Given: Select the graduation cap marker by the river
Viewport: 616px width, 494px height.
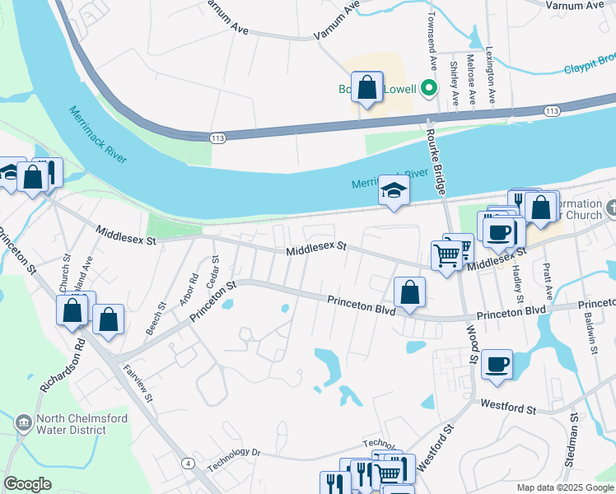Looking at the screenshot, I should pyautogui.click(x=394, y=191).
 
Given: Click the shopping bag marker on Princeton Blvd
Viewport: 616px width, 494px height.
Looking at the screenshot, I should pyautogui.click(x=409, y=292).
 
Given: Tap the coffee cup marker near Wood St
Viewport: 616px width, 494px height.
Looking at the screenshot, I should pyautogui.click(x=497, y=363).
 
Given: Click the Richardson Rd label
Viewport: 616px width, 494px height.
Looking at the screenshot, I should pyautogui.click(x=62, y=366).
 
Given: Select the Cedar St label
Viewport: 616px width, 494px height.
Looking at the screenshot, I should pyautogui.click(x=213, y=272).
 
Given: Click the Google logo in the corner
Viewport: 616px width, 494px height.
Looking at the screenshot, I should pyautogui.click(x=27, y=484).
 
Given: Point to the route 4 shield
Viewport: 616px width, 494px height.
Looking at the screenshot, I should pyautogui.click(x=189, y=464).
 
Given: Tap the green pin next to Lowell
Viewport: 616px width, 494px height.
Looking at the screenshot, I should pyautogui.click(x=427, y=87).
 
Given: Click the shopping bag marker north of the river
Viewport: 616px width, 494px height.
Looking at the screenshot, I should pyautogui.click(x=367, y=86).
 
